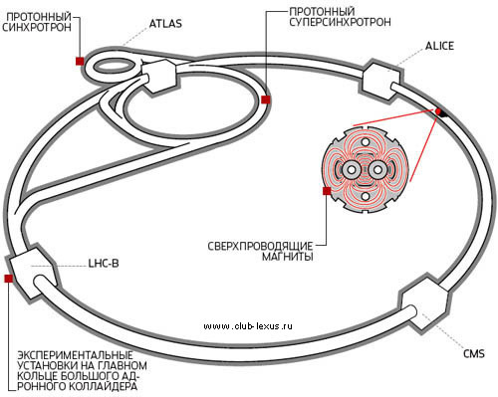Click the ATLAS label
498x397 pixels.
click(x=165, y=24)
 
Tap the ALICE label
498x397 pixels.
click(x=439, y=46)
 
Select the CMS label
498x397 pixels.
click(x=474, y=353)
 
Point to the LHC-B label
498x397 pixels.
click(x=104, y=264)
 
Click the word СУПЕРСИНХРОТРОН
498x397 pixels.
click(x=340, y=22)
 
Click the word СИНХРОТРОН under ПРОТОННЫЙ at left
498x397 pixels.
click(x=37, y=27)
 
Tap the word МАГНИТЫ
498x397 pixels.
click(x=288, y=257)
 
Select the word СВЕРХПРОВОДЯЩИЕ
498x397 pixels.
click(x=260, y=246)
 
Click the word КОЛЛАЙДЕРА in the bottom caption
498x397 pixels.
click(x=103, y=386)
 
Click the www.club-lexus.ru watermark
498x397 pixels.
click(x=248, y=326)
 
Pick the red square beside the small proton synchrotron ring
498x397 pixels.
click(x=80, y=61)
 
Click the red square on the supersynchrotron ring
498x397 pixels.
click(x=266, y=99)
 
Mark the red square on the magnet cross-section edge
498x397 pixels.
click(x=327, y=191)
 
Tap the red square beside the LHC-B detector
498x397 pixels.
click(x=9, y=279)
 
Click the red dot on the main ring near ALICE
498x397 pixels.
click(x=438, y=111)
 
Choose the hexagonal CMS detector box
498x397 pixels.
click(x=424, y=303)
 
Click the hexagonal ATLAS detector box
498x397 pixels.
click(x=158, y=77)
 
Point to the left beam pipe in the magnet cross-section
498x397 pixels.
click(x=352, y=170)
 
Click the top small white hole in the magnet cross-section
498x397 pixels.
click(x=366, y=142)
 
